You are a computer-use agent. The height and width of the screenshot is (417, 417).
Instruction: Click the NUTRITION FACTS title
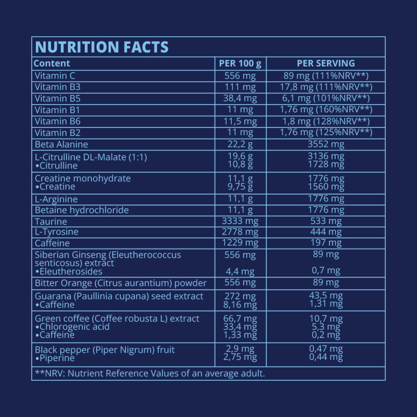(x=102, y=47)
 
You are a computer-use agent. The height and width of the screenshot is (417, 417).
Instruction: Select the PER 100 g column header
(x=240, y=64)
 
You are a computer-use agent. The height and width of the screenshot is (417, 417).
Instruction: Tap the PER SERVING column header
(x=326, y=64)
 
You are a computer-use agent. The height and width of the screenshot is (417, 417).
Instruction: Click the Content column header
(x=52, y=64)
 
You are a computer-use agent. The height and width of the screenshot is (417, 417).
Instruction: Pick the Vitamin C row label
(x=55, y=76)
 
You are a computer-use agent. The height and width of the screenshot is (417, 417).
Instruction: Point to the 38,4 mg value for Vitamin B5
(x=240, y=99)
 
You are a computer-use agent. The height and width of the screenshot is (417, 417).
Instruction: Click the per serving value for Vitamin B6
(x=326, y=121)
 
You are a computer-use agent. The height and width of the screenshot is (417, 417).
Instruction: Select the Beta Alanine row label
(x=61, y=145)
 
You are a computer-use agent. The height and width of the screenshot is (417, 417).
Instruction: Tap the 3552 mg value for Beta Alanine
(x=326, y=145)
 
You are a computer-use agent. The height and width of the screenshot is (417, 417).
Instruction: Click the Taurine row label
(x=51, y=222)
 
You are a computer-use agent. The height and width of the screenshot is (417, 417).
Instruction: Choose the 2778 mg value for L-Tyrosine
(x=240, y=232)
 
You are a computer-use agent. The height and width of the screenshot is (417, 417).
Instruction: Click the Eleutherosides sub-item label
(x=68, y=272)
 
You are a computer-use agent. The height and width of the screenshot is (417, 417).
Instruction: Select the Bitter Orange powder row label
(x=121, y=283)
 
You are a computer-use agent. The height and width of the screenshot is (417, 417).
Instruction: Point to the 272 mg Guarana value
(x=240, y=296)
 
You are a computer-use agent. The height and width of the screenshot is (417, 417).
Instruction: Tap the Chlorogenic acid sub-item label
(x=72, y=327)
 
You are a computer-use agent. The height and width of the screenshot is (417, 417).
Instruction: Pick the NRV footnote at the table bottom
(x=149, y=374)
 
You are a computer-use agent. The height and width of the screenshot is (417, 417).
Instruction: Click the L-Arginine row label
(x=56, y=199)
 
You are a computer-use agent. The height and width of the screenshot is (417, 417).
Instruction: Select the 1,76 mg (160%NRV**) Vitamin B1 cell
(x=326, y=110)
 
